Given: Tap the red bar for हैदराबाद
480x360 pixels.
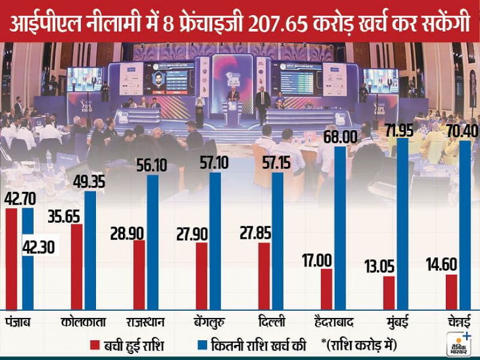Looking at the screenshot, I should (326, 289).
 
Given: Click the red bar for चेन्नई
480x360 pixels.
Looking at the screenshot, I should (452, 292).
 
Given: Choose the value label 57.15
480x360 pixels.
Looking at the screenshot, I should (275, 163).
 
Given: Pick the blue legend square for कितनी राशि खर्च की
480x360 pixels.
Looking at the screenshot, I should (202, 345).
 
